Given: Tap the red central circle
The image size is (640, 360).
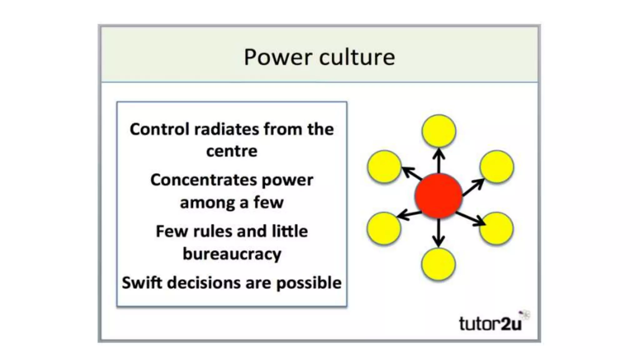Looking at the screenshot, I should pos(438,196).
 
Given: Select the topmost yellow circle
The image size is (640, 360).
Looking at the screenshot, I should pos(438,131).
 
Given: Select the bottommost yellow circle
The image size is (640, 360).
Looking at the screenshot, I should pos(438,264).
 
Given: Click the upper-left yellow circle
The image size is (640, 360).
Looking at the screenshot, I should pos(384,167).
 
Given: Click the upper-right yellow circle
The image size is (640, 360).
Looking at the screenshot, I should pos(496,167).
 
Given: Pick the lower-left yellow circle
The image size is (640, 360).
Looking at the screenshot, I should pos(384,228).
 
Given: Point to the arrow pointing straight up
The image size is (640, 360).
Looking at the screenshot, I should pos(439,160).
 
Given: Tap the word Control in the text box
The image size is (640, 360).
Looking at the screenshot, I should pos(159,129).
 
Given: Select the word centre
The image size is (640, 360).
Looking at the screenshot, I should pos(232,151).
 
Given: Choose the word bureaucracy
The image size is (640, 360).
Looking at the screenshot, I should pos(232,254).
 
